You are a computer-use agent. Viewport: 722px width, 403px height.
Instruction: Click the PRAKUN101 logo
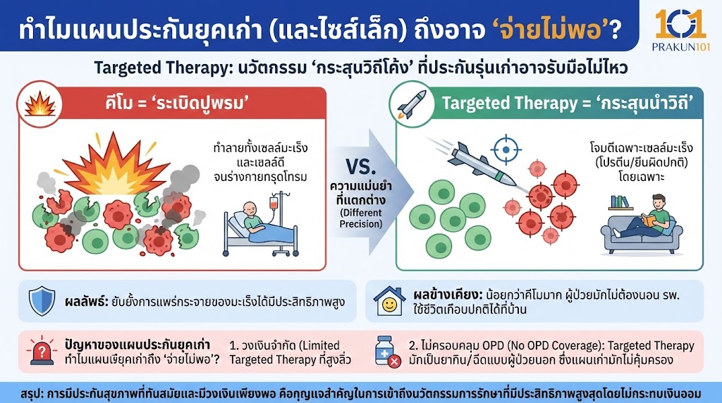pos(680,30)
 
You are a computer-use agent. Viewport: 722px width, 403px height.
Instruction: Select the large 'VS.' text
pos(362,167)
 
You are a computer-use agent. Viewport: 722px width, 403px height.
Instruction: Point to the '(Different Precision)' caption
pos(360,217)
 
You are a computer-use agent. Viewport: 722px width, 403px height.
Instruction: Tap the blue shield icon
pos(42,301)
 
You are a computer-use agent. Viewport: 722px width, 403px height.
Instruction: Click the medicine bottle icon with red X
pos(388,350)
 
